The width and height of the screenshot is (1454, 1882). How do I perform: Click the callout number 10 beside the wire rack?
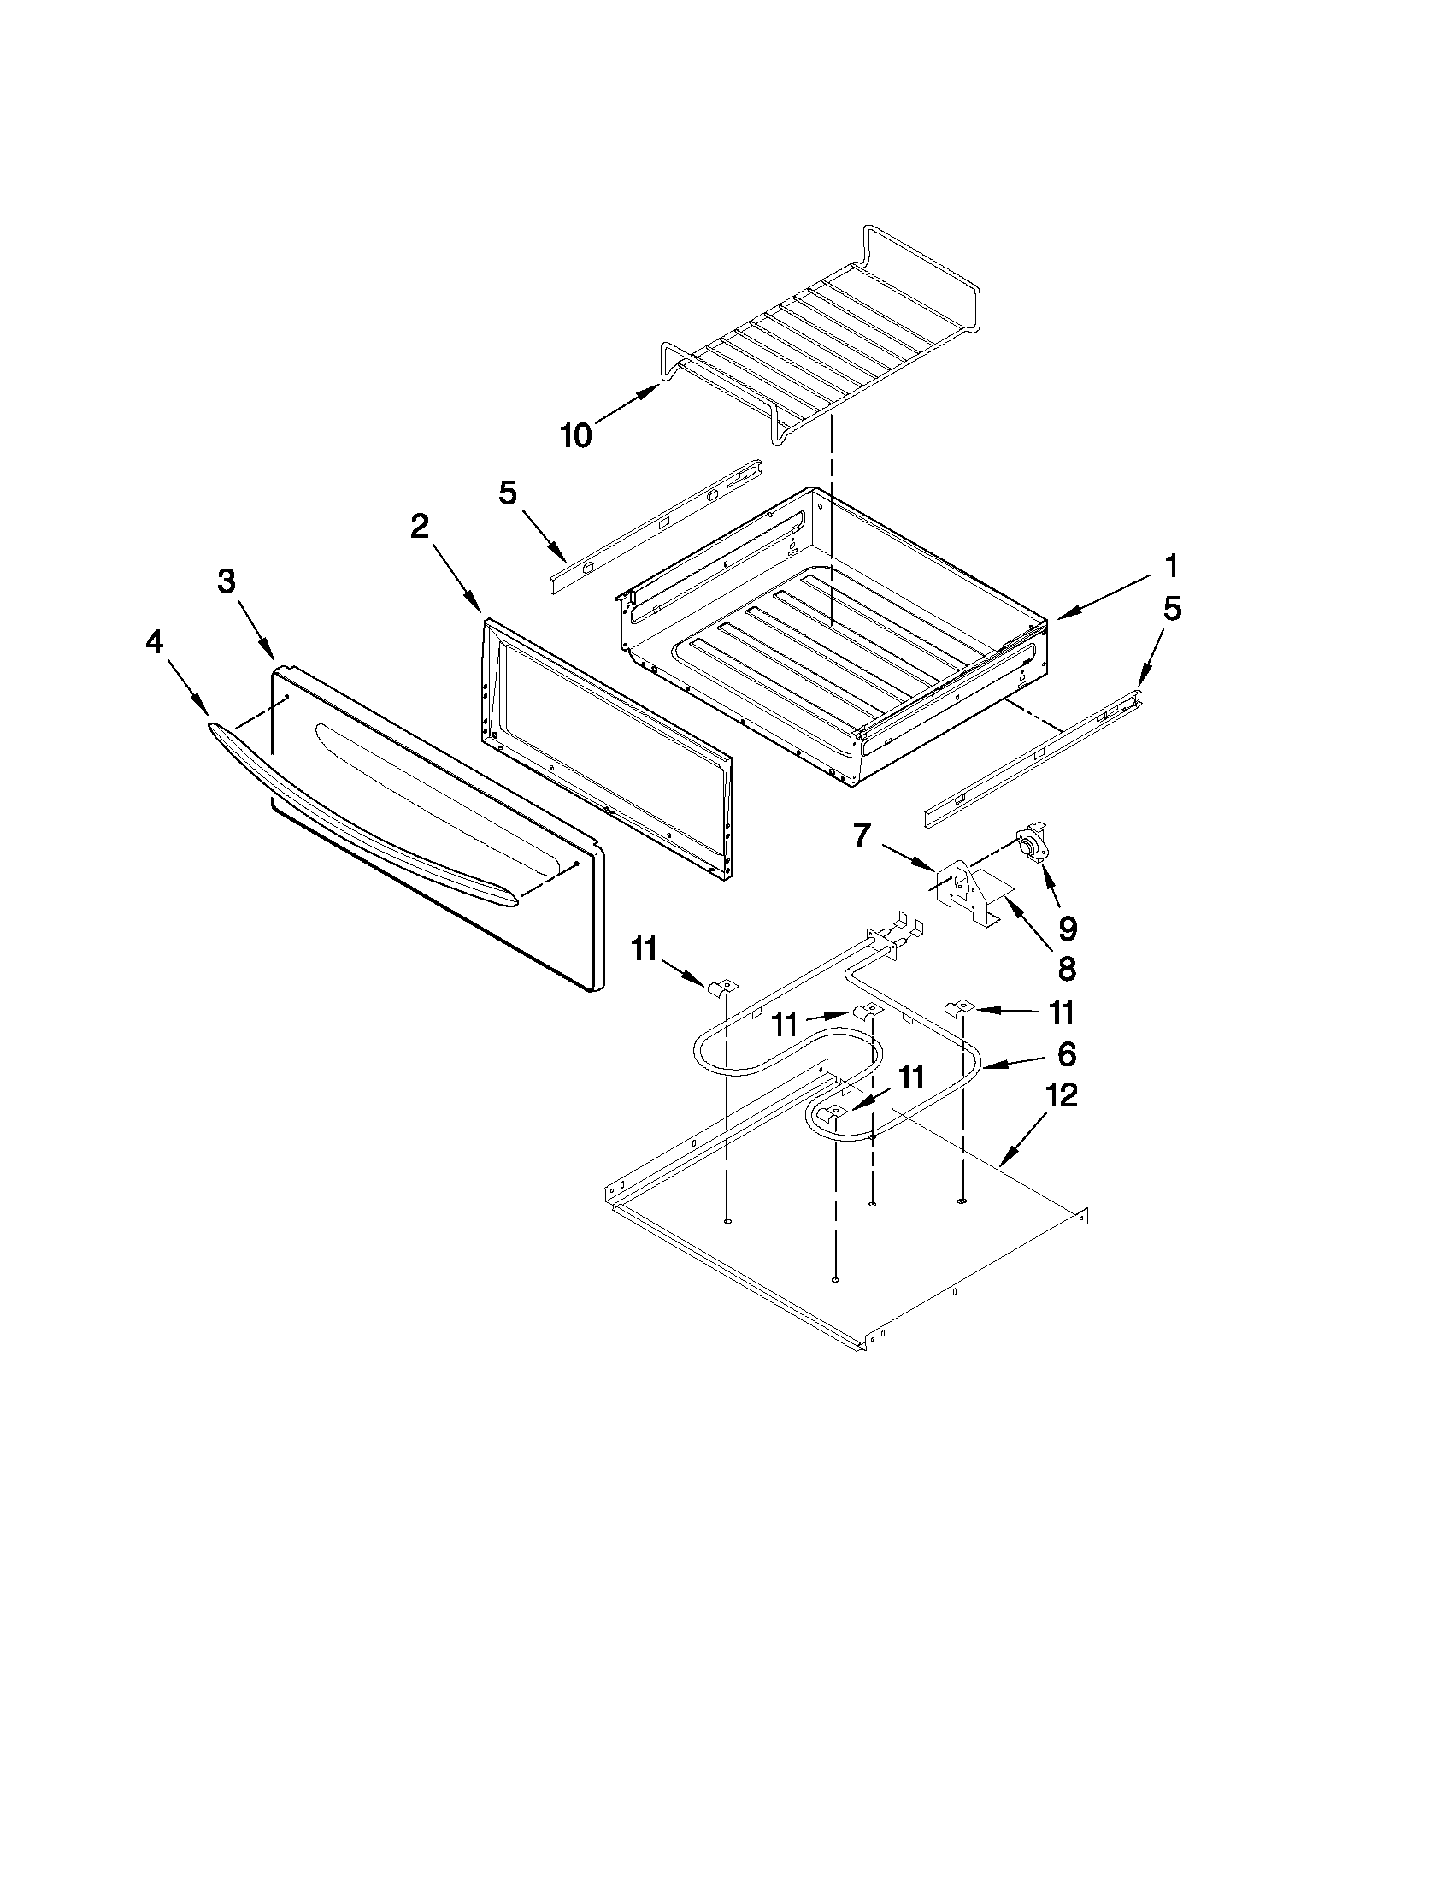click(576, 436)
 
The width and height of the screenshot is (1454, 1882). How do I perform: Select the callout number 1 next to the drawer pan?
click(1170, 567)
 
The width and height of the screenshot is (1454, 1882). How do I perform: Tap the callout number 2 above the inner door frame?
click(419, 526)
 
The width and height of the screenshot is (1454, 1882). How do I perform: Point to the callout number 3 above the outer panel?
click(226, 581)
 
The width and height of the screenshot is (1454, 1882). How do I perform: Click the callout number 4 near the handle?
click(154, 642)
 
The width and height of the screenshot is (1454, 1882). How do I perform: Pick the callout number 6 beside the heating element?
click(1066, 1053)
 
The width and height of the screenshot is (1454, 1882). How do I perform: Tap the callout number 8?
click(1067, 969)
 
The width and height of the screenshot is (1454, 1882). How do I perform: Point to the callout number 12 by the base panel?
click(1063, 1096)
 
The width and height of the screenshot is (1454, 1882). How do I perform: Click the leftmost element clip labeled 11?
click(725, 987)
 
